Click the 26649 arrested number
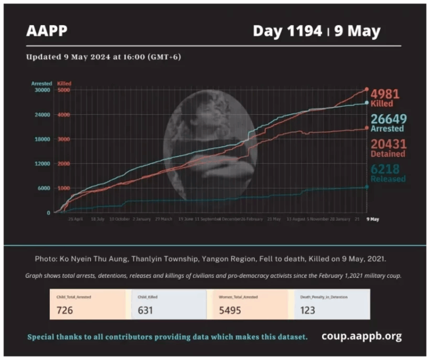(x=388, y=119)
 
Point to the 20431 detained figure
(x=388, y=144)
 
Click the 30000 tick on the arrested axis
(x=43, y=90)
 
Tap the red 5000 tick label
(x=63, y=90)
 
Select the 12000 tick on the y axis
(x=43, y=163)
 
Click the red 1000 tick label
(x=63, y=188)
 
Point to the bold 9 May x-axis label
(x=372, y=219)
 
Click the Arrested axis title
(x=41, y=83)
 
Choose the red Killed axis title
(x=64, y=83)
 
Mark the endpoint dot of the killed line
(x=367, y=89)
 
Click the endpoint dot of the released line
(x=367, y=187)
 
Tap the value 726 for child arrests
(x=65, y=310)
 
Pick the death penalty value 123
(x=307, y=310)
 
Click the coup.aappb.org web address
(x=361, y=336)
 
